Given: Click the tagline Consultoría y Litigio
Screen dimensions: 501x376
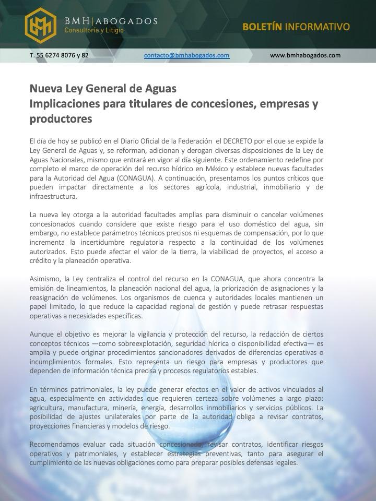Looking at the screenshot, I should (x=94, y=31).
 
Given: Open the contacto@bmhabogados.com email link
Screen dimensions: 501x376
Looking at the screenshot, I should (x=186, y=55).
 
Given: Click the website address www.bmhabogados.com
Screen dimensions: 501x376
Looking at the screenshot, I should (x=305, y=55).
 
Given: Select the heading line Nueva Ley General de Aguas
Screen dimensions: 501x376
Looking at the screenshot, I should (x=103, y=88).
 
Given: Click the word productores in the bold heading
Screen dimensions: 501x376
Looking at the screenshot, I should (x=61, y=118).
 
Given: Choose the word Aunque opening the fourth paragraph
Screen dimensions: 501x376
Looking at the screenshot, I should (x=42, y=334).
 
